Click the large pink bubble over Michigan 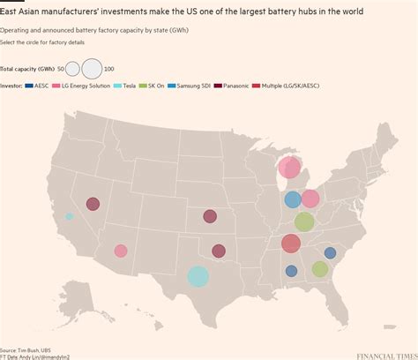(290, 168)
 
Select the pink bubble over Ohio (310, 199)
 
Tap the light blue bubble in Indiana (293, 199)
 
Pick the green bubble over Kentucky (304, 221)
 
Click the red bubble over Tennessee (291, 244)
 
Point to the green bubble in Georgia (319, 269)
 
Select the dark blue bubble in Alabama (291, 271)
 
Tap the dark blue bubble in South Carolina (330, 253)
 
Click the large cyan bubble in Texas (198, 276)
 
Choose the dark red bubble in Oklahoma (219, 251)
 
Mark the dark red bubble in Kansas (210, 216)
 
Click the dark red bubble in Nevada (93, 204)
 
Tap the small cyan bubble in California (70, 216)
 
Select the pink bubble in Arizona (121, 251)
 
